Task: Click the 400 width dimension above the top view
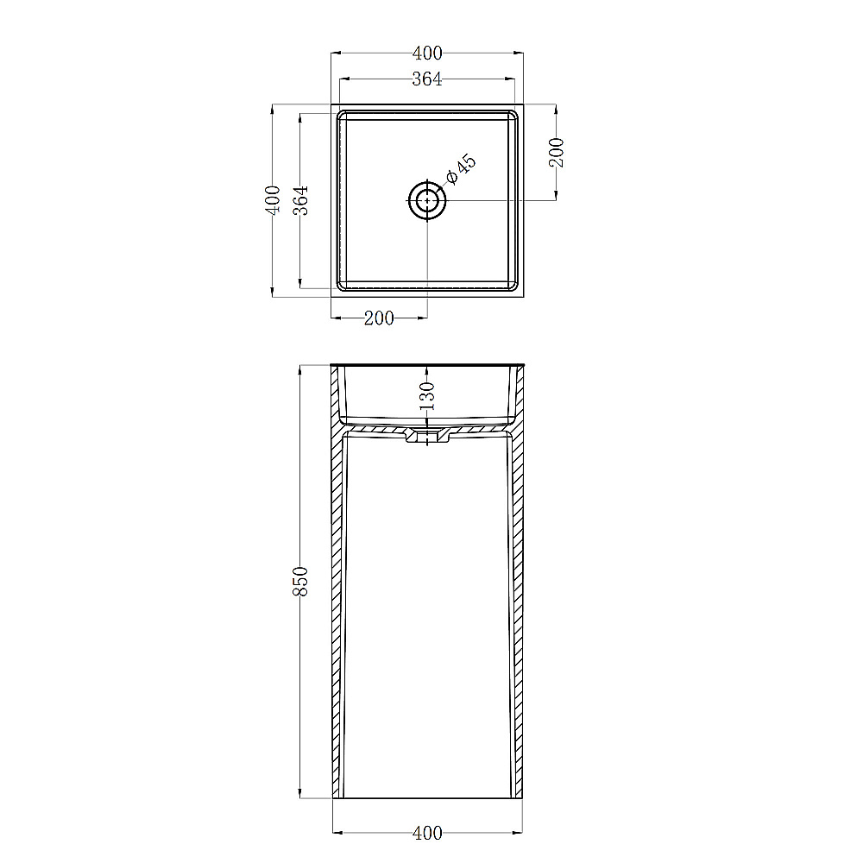click(427, 54)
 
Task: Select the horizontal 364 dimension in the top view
click(427, 79)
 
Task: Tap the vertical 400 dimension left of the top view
click(273, 199)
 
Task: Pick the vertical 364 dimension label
click(300, 200)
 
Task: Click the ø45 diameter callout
click(460, 169)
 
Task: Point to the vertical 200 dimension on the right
click(557, 153)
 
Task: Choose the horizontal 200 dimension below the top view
click(379, 318)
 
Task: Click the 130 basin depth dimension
click(427, 396)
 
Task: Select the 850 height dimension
click(300, 581)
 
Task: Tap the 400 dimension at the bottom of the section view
click(427, 833)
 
